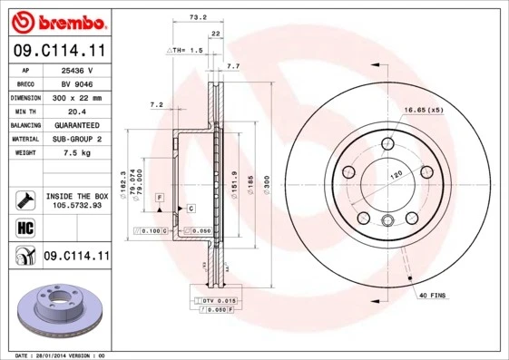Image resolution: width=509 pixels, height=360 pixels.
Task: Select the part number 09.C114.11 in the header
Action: (x=59, y=51)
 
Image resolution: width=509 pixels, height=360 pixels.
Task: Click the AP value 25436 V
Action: (x=75, y=69)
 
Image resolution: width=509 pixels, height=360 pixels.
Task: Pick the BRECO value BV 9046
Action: (x=75, y=83)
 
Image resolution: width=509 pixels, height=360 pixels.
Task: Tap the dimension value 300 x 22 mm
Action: (x=75, y=97)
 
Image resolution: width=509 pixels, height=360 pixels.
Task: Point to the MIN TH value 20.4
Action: (x=75, y=111)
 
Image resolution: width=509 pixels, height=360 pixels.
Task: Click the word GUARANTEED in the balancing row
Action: (x=75, y=125)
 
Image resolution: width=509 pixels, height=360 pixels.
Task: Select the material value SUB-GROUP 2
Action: (x=75, y=140)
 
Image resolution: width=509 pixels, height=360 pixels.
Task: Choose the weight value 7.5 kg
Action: (x=75, y=154)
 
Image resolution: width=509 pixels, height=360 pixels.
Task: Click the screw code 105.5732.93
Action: (x=76, y=205)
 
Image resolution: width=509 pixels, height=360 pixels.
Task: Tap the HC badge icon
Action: (x=25, y=226)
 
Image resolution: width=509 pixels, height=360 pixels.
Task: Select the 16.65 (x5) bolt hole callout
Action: (x=422, y=111)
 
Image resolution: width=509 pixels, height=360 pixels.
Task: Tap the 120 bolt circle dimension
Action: (x=396, y=174)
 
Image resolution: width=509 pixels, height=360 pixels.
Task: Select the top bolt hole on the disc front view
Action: (x=388, y=141)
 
